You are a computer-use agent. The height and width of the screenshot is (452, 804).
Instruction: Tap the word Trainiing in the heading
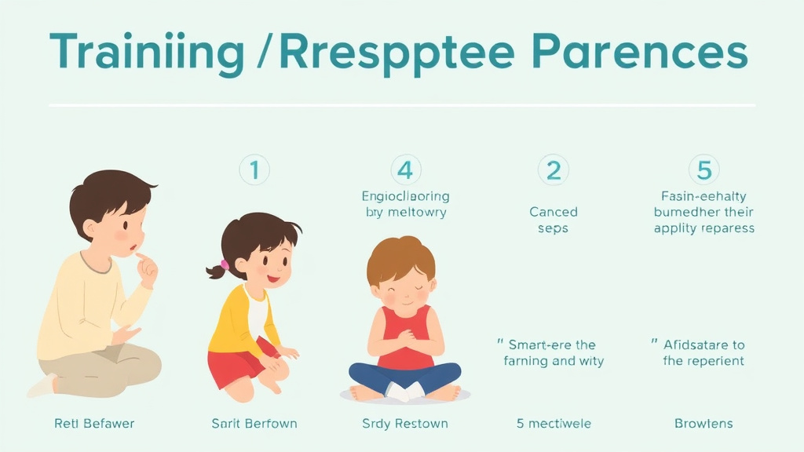tap(147, 53)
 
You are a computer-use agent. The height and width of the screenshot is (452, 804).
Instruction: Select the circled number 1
tap(254, 169)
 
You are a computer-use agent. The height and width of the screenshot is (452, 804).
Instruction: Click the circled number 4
tap(405, 169)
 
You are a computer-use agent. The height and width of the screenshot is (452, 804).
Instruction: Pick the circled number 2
tap(553, 169)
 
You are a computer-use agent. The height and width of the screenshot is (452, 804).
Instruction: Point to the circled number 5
tap(703, 169)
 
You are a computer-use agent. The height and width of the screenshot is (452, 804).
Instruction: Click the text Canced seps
tap(553, 220)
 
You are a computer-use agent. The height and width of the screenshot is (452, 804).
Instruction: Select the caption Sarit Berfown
tap(254, 424)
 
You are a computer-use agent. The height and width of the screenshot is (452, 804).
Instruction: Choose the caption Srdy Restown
tap(405, 424)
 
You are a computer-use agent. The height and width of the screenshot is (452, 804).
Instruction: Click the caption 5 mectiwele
tap(554, 424)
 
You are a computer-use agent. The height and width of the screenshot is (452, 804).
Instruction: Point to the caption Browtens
tap(703, 424)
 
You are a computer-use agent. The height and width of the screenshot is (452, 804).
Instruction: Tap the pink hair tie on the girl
tap(225, 264)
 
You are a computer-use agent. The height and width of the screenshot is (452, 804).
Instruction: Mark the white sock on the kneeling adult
tap(41, 385)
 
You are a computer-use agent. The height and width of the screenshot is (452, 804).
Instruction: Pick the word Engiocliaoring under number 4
tap(405, 196)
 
